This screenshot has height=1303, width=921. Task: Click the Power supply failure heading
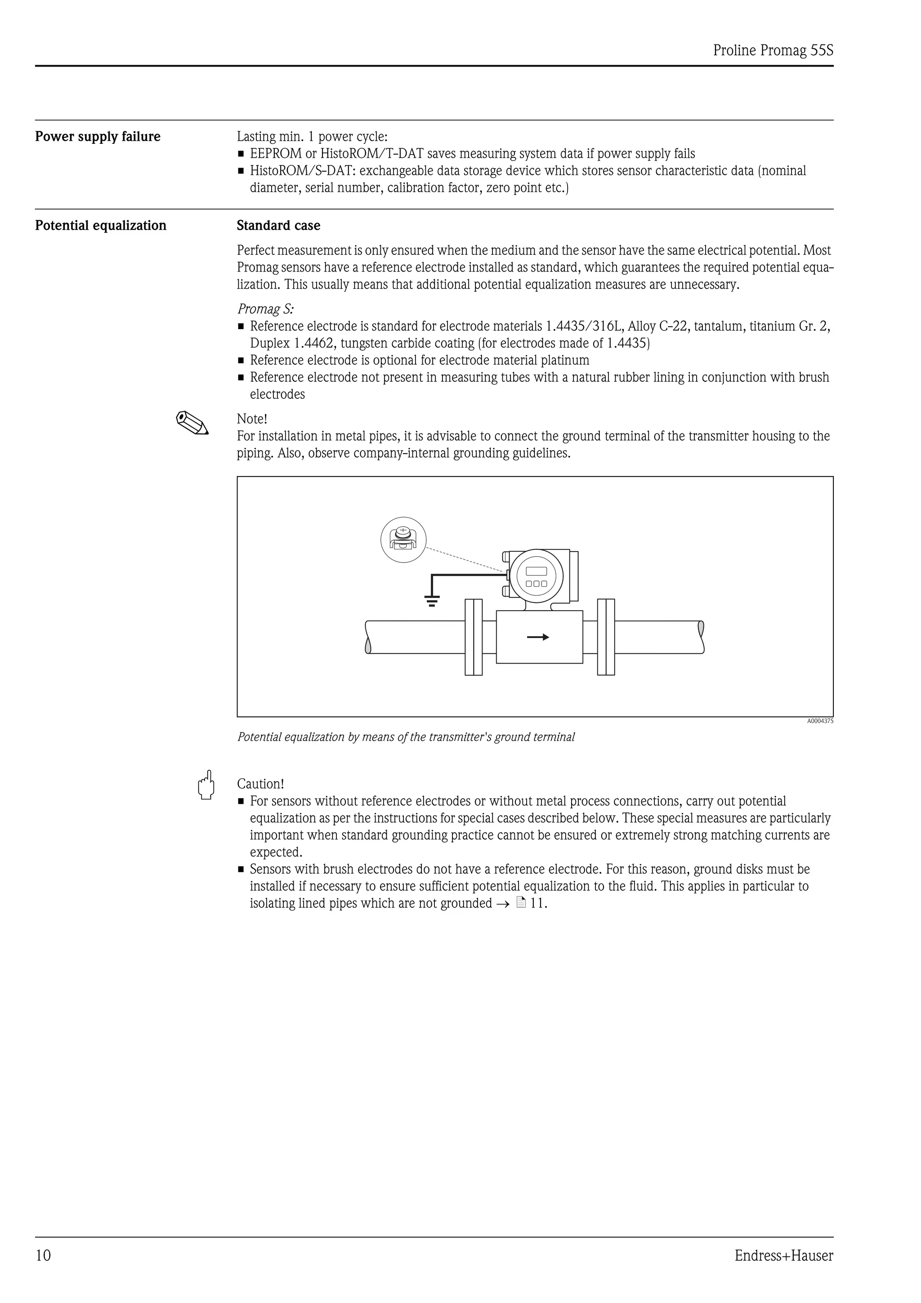(x=98, y=137)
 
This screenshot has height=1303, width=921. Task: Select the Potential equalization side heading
(x=100, y=226)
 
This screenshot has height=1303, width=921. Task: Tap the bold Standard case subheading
(x=278, y=226)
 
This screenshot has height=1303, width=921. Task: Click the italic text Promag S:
(x=265, y=309)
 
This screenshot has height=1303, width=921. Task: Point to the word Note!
(x=251, y=419)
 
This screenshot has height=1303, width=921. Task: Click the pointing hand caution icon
(x=206, y=785)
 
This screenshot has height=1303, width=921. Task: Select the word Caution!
(x=260, y=784)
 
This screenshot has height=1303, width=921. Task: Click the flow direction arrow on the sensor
(x=537, y=637)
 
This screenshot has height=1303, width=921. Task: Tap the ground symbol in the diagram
(x=432, y=601)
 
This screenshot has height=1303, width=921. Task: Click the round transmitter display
(x=536, y=576)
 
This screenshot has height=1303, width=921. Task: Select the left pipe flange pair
(x=473, y=637)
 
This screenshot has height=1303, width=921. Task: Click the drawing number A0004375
(x=819, y=721)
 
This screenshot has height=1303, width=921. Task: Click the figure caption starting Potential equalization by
(x=405, y=737)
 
